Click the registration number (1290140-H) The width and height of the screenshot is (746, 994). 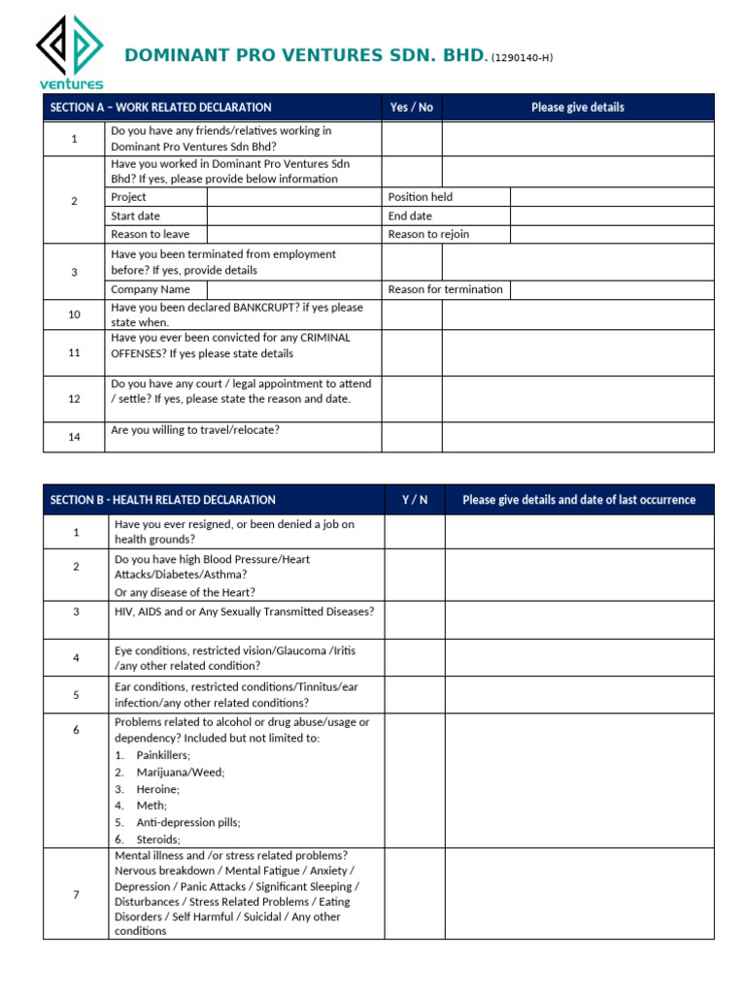pyautogui.click(x=522, y=58)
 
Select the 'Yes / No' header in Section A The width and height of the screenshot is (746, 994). pyautogui.click(x=411, y=108)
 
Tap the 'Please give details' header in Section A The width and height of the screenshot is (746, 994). pyautogui.click(x=577, y=108)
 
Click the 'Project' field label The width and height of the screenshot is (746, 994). pyautogui.click(x=128, y=197)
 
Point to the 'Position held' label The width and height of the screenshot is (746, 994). pyautogui.click(x=420, y=197)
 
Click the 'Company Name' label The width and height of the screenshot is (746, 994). pyautogui.click(x=151, y=289)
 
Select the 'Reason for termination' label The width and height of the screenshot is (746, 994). pyautogui.click(x=445, y=289)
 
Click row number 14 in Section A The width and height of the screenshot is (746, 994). pyautogui.click(x=74, y=438)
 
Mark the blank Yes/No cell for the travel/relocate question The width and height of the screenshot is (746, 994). pyautogui.click(x=411, y=437)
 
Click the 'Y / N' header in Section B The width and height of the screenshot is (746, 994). pyautogui.click(x=415, y=500)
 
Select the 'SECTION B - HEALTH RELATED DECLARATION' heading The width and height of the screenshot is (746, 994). pyautogui.click(x=162, y=500)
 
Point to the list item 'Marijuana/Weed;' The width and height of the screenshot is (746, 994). pyautogui.click(x=180, y=773)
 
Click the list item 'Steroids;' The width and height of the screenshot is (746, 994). pyautogui.click(x=158, y=839)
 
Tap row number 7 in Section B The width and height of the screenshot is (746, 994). pyautogui.click(x=76, y=894)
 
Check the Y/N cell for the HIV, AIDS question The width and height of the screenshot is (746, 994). pyautogui.click(x=415, y=619)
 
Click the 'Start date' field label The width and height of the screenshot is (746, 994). pyautogui.click(x=135, y=215)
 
